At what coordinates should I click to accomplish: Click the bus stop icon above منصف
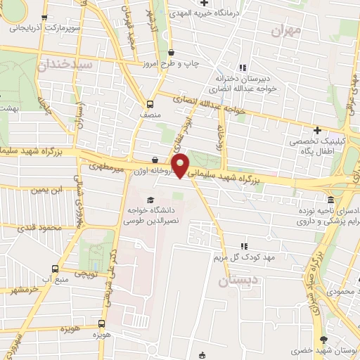[150, 101]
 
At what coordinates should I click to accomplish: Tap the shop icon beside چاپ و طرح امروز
[172, 52]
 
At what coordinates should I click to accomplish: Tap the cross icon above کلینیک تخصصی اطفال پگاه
[318, 130]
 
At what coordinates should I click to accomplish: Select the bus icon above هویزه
[103, 324]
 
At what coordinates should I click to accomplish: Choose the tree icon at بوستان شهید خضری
[292, 349]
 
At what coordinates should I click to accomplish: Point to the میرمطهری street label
[106, 168]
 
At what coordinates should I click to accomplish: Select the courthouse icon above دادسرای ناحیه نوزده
[330, 200]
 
